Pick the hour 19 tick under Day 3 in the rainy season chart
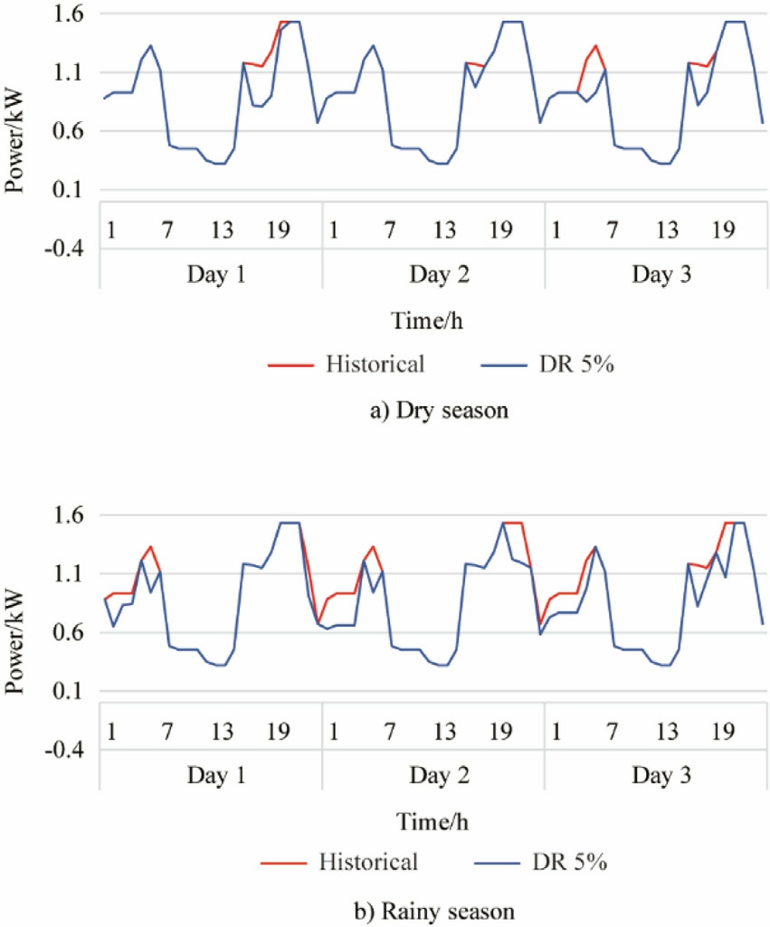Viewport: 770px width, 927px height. [x=721, y=731]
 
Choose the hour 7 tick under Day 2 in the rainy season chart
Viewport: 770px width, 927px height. [x=389, y=731]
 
